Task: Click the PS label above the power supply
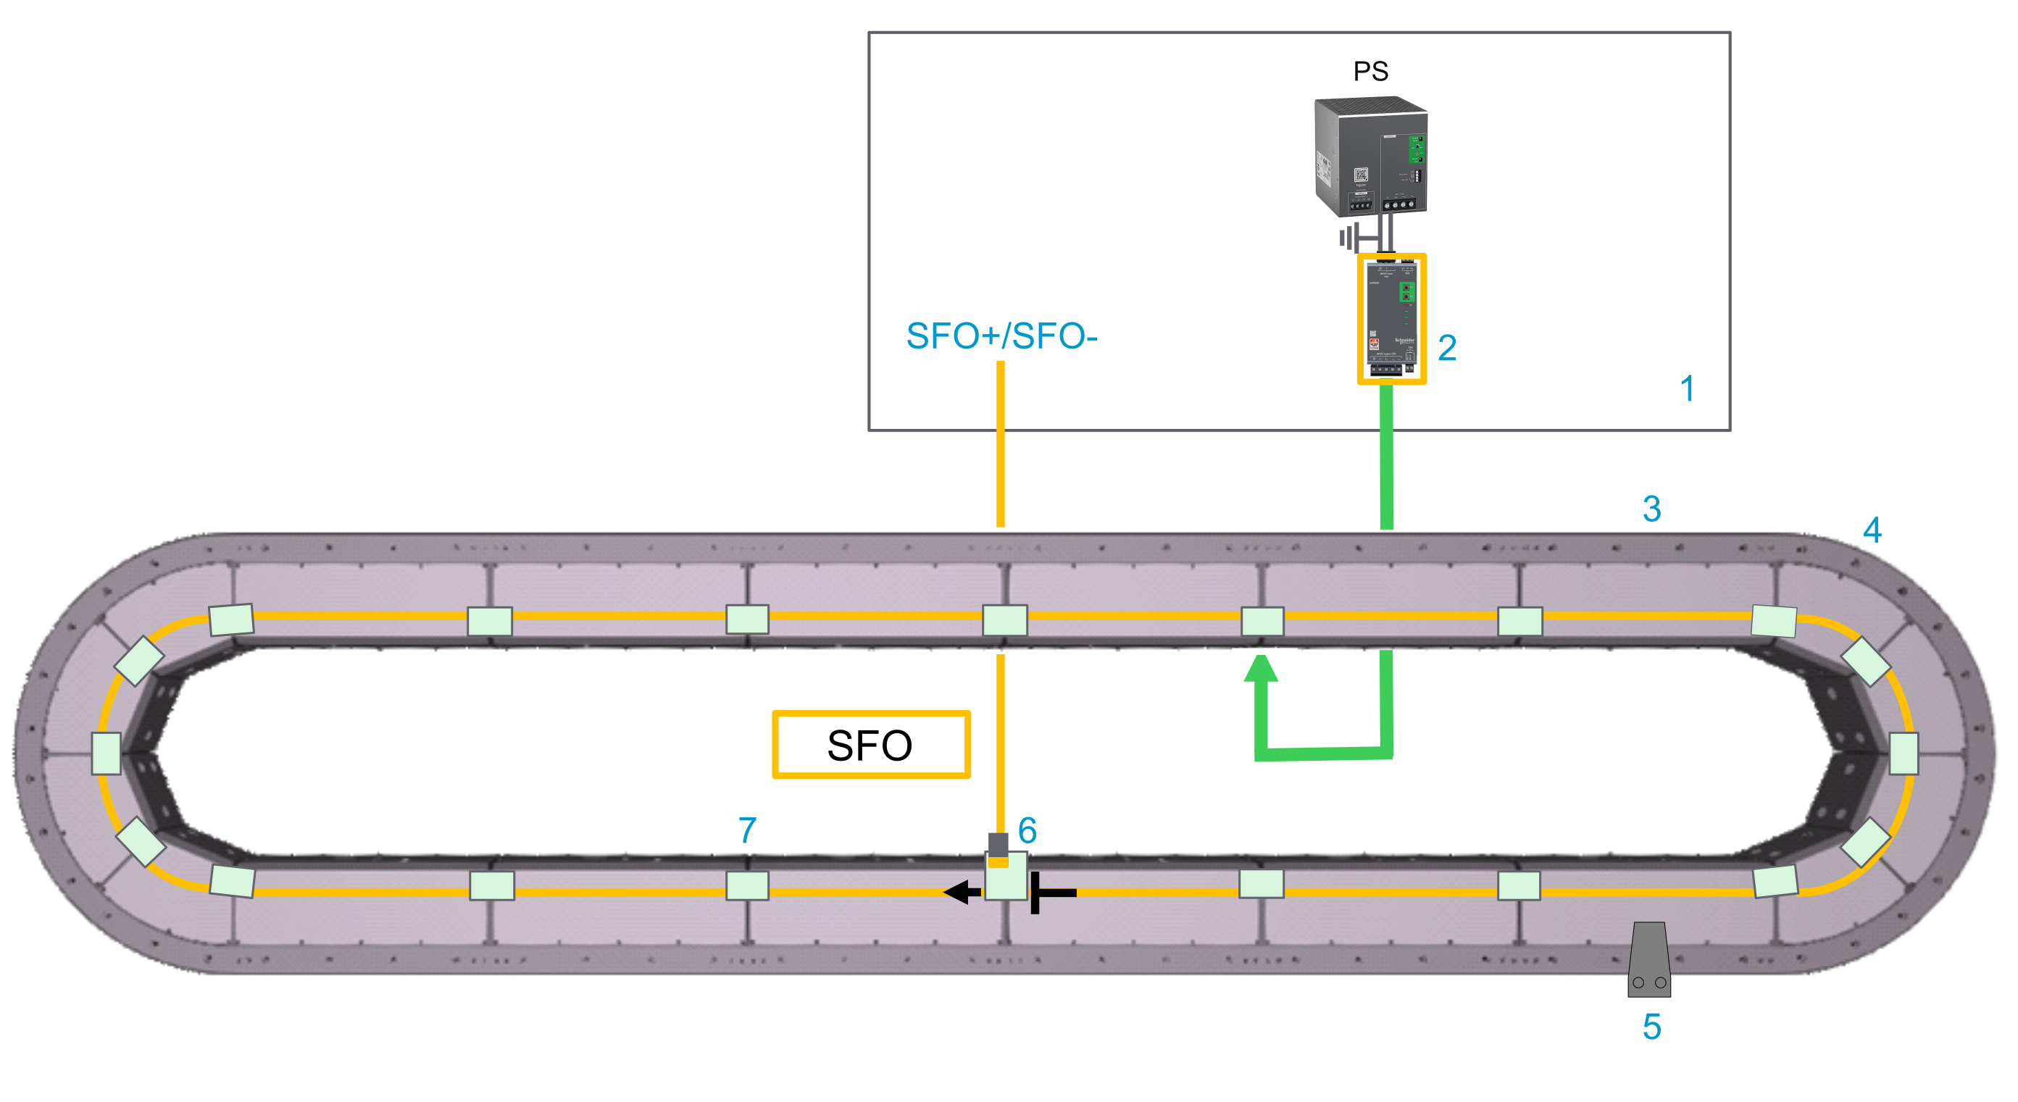[x=1370, y=71]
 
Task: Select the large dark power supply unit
[x=1370, y=156]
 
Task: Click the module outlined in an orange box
[x=1391, y=319]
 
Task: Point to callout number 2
[x=1447, y=348]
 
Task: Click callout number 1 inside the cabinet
[x=1688, y=388]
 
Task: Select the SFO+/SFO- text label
[x=1001, y=336]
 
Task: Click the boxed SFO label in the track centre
[x=870, y=744]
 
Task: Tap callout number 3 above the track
[x=1651, y=509]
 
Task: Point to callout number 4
[x=1872, y=530]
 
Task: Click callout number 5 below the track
[x=1651, y=1027]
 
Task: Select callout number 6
[x=1027, y=830]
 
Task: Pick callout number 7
[x=746, y=830]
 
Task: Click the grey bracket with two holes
[x=1648, y=960]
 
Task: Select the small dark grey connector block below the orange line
[x=998, y=844]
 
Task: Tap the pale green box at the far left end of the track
[x=107, y=754]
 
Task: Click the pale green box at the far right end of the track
[x=1904, y=754]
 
